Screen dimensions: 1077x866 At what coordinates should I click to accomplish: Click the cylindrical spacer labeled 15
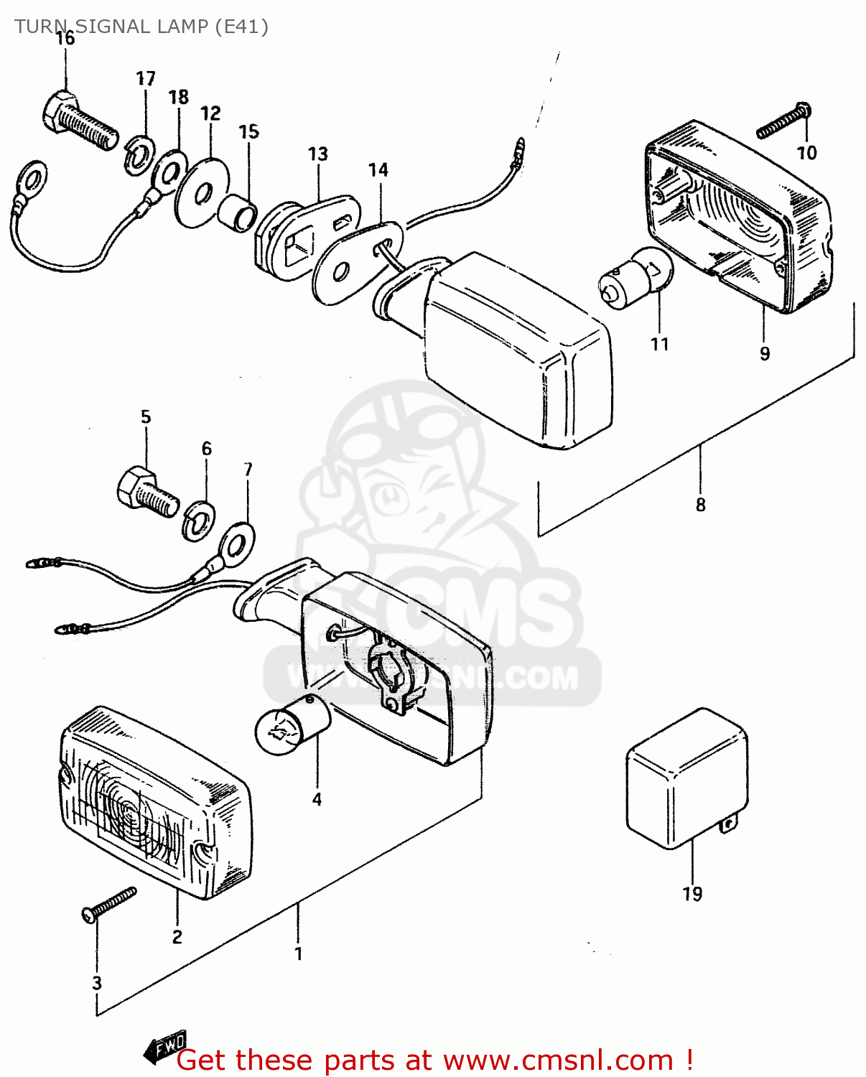coord(238,212)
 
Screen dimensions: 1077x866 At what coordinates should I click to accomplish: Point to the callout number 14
coord(378,170)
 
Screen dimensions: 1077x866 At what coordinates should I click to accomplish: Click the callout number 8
coord(700,505)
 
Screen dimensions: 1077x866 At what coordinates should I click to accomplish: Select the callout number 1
coord(298,954)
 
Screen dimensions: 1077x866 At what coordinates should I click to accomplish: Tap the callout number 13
coord(317,154)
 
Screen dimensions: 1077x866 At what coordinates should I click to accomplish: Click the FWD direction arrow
coord(165,1048)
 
